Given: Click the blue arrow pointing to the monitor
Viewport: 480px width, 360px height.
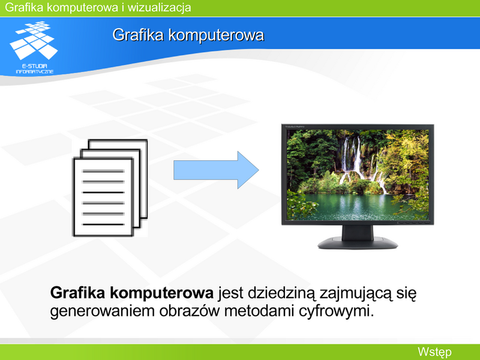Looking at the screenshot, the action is click(x=216, y=170).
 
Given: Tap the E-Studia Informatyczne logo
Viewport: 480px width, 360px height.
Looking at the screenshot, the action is click(x=34, y=47).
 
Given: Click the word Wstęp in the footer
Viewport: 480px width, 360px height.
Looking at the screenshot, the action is click(x=434, y=352).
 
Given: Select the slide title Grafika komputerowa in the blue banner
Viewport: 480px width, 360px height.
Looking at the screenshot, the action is click(x=188, y=35).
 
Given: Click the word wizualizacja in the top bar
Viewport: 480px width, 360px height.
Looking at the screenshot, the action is click(x=160, y=7).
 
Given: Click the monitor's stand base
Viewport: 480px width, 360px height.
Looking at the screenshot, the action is click(x=358, y=243).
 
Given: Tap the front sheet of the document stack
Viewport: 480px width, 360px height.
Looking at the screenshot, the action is click(x=103, y=197).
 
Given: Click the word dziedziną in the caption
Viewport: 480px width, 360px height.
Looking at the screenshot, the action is click(x=281, y=293).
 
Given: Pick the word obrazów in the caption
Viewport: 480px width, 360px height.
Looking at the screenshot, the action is click(x=189, y=311).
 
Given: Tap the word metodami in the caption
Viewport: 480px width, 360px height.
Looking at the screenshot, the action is click(x=259, y=311).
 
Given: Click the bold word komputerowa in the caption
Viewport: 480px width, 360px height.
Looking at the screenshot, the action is click(x=161, y=293).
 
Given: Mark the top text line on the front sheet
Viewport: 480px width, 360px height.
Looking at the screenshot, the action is click(x=103, y=171).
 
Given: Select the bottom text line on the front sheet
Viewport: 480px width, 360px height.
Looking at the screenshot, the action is click(x=103, y=224).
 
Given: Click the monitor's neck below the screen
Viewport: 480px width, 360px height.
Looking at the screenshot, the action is click(x=358, y=232).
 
